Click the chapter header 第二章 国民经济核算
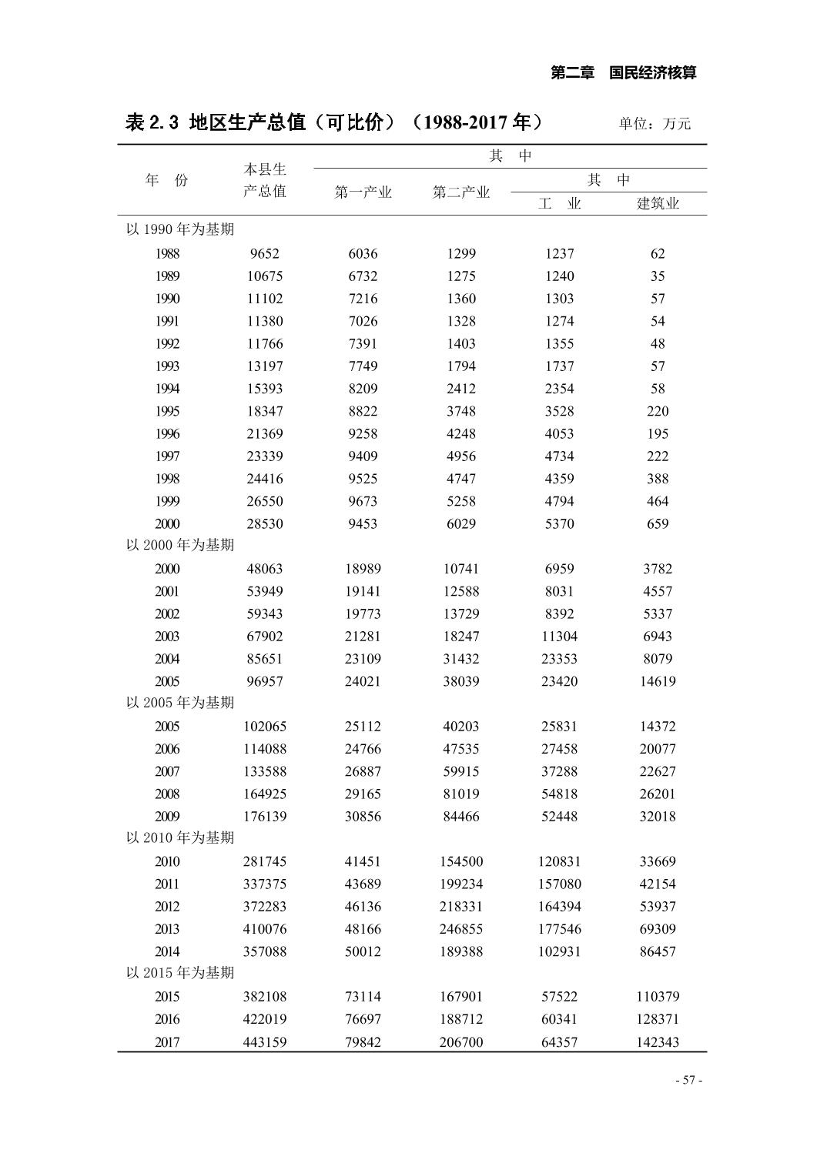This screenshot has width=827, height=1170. pyautogui.click(x=624, y=73)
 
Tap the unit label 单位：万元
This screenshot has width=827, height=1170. pyautogui.click(x=655, y=123)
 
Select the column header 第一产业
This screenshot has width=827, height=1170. pyautogui.click(x=363, y=192)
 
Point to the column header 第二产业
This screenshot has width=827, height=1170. pyautogui.click(x=460, y=192)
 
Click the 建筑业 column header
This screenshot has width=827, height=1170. pyautogui.click(x=658, y=204)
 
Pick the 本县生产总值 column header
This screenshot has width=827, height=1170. pyautogui.click(x=265, y=180)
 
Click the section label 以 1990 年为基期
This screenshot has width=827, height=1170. pyautogui.click(x=180, y=229)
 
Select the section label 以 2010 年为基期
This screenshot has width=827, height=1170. pyautogui.click(x=180, y=837)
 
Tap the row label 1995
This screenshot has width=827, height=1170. pyautogui.click(x=167, y=411)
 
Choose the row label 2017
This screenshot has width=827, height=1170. pyautogui.click(x=167, y=1042)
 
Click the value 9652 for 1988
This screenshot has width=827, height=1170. pyautogui.click(x=265, y=253)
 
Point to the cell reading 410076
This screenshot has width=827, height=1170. pyautogui.click(x=265, y=929)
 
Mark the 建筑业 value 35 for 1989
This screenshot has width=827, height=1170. pyautogui.click(x=658, y=276)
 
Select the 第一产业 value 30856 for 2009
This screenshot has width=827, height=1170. pyautogui.click(x=363, y=817)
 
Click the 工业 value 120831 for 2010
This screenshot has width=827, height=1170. pyautogui.click(x=559, y=862)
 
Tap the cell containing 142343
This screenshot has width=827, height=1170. pyautogui.click(x=658, y=1042)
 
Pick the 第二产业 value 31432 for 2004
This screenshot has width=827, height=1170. pyautogui.click(x=460, y=659)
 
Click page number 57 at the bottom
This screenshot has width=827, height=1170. pyautogui.click(x=688, y=1080)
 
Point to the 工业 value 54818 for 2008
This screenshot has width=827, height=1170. pyautogui.click(x=559, y=794)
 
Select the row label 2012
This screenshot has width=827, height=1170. pyautogui.click(x=167, y=907)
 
